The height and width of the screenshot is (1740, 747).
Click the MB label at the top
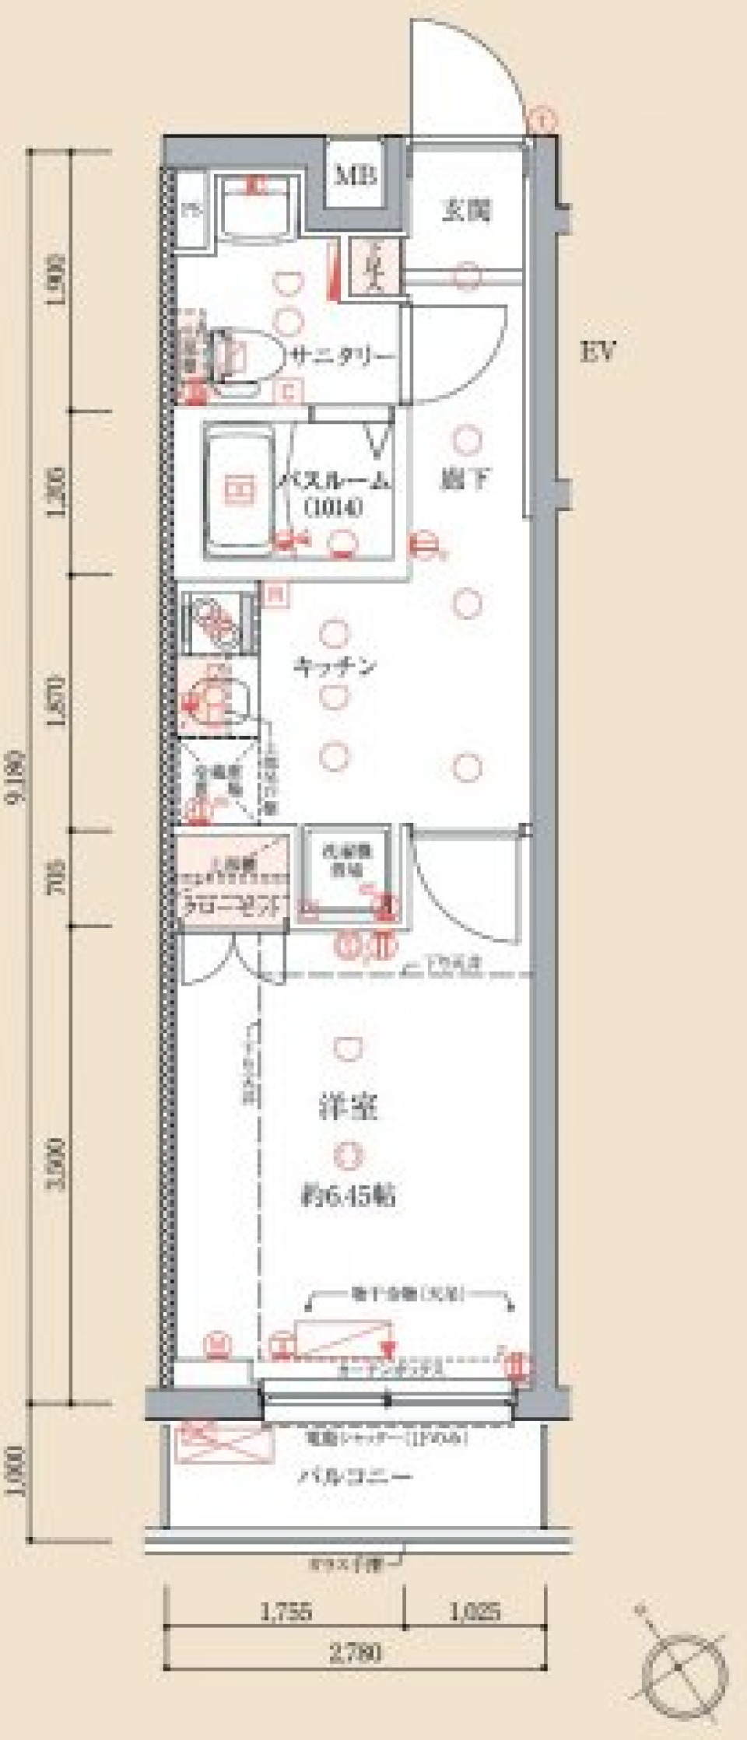tap(355, 176)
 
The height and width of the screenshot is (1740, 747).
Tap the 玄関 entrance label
tap(466, 210)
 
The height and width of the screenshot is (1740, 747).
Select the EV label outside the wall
tap(598, 352)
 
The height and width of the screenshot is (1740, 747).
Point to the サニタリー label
tap(342, 357)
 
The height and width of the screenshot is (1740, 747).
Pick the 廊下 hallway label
tap(465, 479)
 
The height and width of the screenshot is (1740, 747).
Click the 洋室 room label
tap(349, 1108)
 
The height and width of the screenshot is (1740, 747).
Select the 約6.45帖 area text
tap(348, 1195)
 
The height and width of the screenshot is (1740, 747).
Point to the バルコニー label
tap(355, 1476)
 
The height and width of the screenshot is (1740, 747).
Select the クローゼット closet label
tap(232, 905)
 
